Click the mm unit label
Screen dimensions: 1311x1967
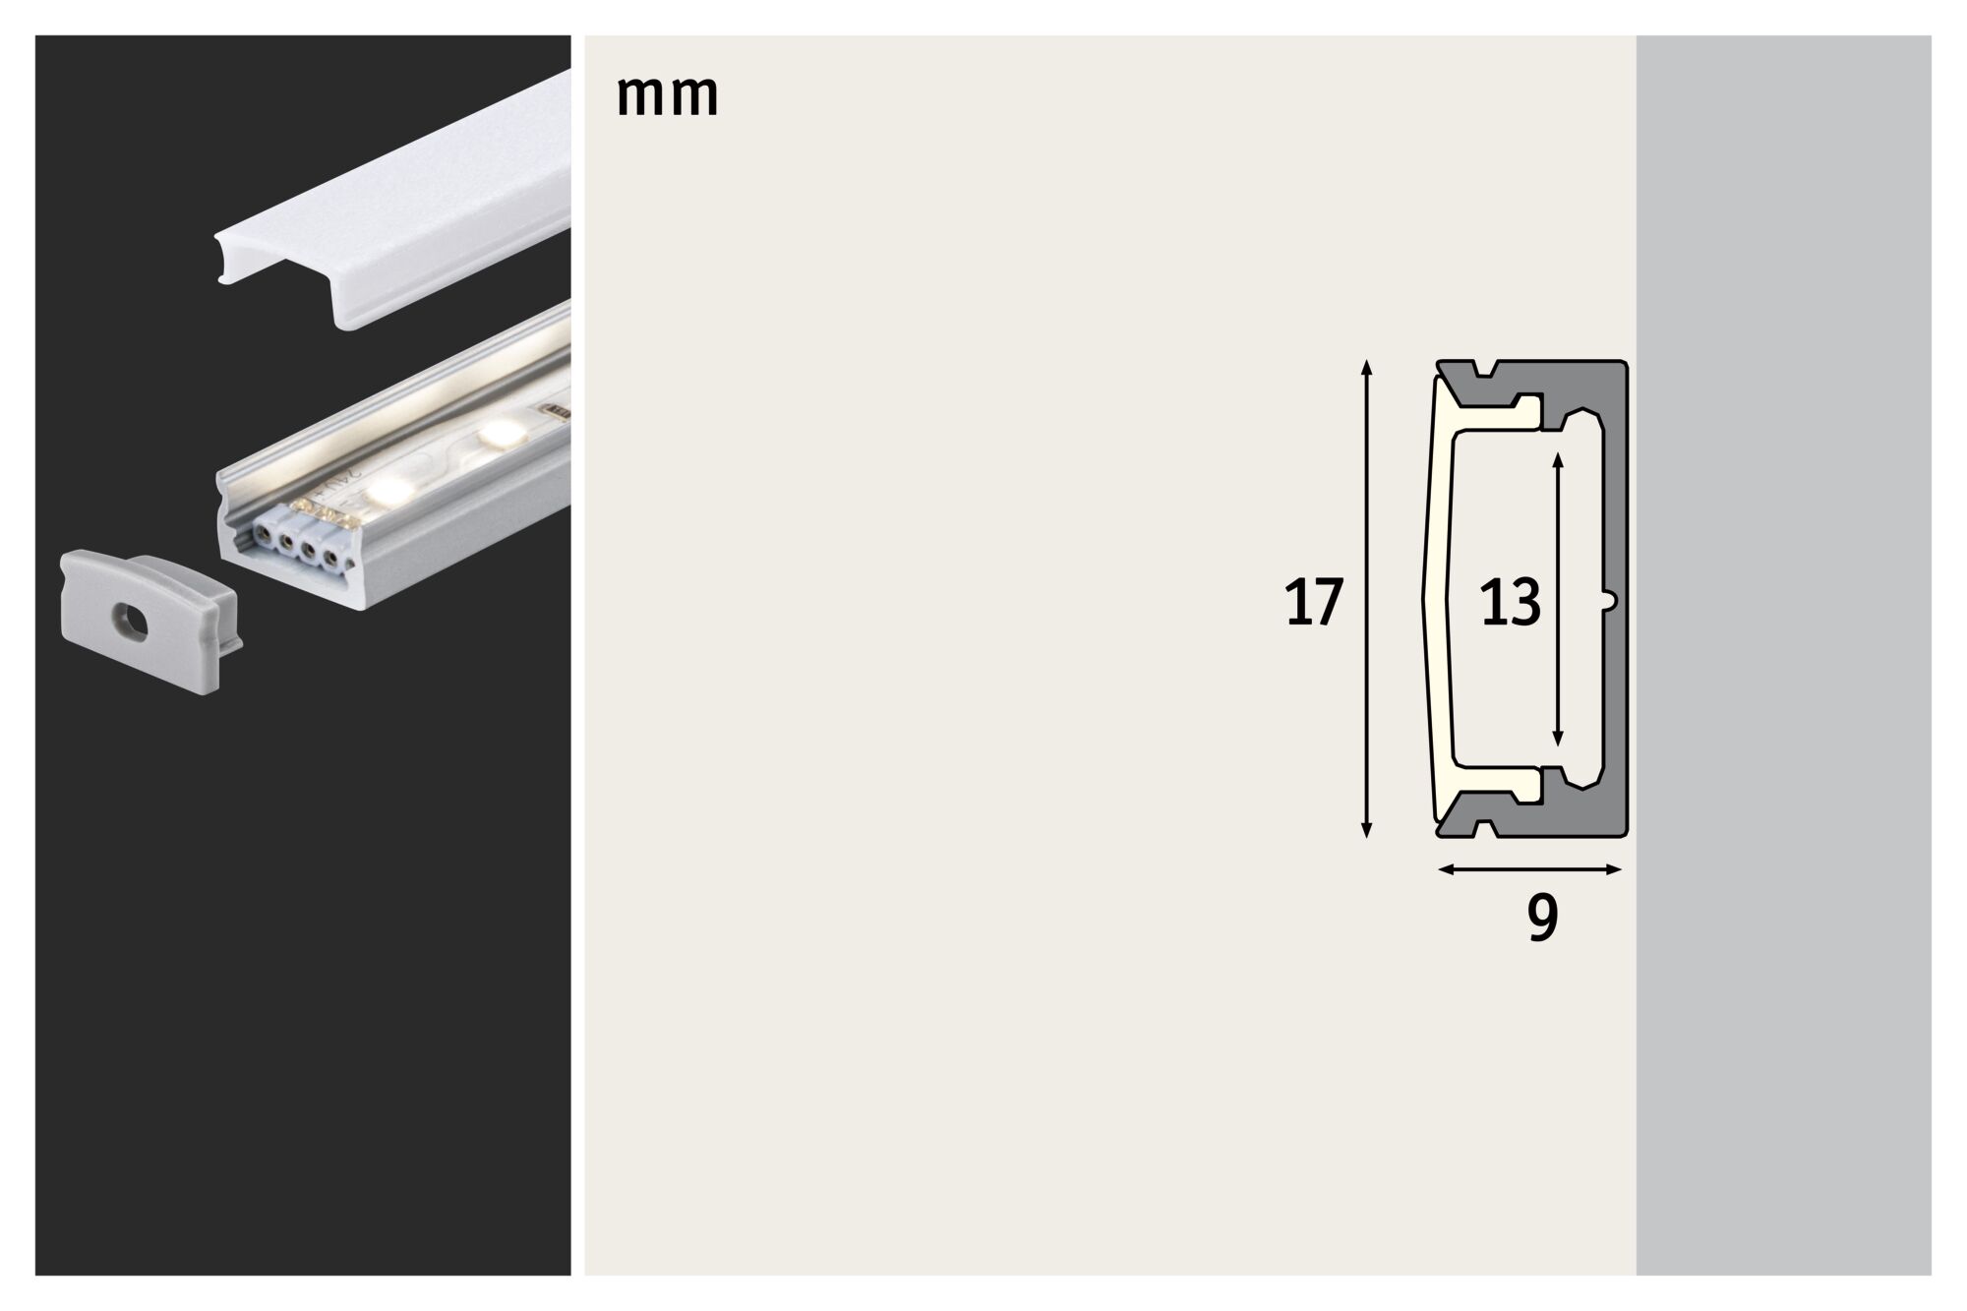pos(667,96)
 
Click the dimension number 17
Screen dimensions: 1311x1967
pos(1313,603)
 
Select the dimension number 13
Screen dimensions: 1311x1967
pos(1510,603)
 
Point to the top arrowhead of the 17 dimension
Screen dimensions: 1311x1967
pos(1365,368)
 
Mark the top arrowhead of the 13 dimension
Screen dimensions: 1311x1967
pos(1557,459)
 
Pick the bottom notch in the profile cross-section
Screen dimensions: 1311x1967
pos(1485,829)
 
